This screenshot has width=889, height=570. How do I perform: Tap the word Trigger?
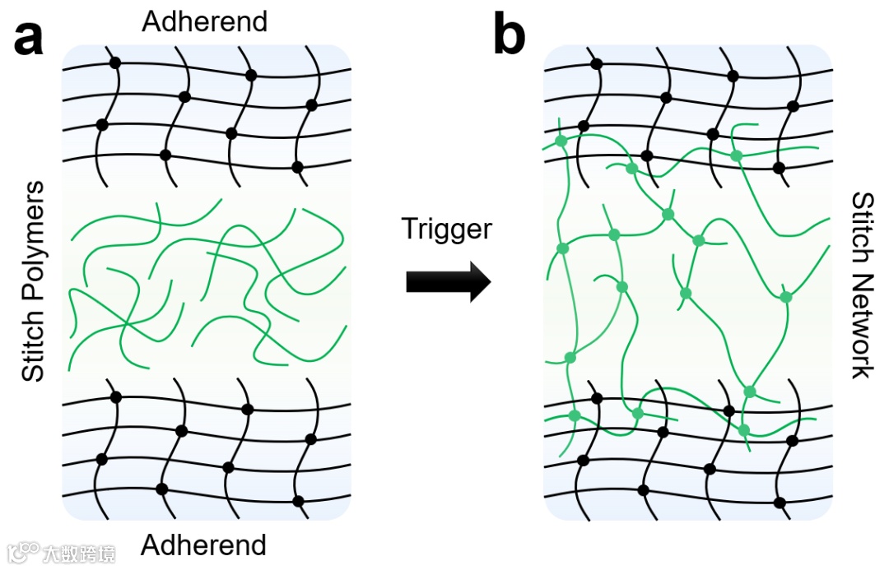click(x=446, y=228)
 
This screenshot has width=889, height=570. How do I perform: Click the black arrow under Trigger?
click(x=448, y=282)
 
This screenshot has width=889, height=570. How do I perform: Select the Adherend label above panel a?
click(x=205, y=21)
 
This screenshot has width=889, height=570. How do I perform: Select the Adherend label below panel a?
click(x=204, y=545)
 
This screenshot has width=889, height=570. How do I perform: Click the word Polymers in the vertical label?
click(x=33, y=247)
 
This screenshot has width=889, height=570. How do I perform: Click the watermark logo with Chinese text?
click(x=62, y=552)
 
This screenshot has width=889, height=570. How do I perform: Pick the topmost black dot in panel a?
click(x=116, y=63)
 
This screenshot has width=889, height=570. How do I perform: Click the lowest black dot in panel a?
click(x=299, y=501)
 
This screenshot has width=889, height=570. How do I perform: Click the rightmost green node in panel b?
click(x=786, y=297)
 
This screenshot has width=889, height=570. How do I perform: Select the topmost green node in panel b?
click(x=561, y=141)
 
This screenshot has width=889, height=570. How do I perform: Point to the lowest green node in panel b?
click(x=744, y=430)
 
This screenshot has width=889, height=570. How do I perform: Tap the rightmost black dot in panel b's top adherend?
click(x=794, y=106)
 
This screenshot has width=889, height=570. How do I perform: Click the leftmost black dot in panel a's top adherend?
click(x=102, y=125)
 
